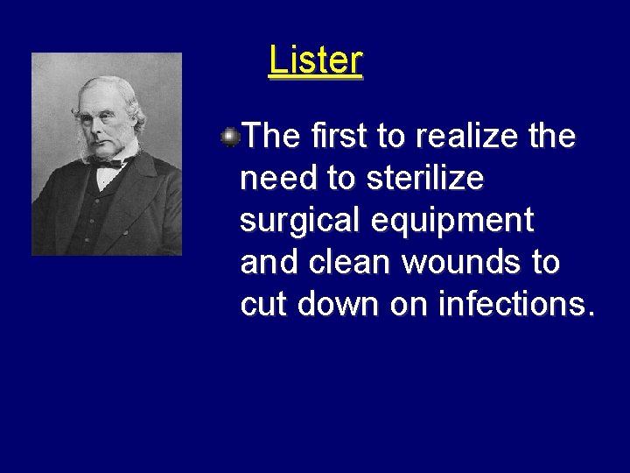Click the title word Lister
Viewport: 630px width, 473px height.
coord(315,61)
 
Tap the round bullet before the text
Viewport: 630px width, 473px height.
coord(230,136)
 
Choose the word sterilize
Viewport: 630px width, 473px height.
coord(424,179)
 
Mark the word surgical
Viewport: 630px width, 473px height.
coord(300,221)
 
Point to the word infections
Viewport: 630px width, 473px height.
coord(516,305)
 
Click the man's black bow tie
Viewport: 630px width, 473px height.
coord(107,164)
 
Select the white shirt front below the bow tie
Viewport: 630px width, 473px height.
coord(105,177)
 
